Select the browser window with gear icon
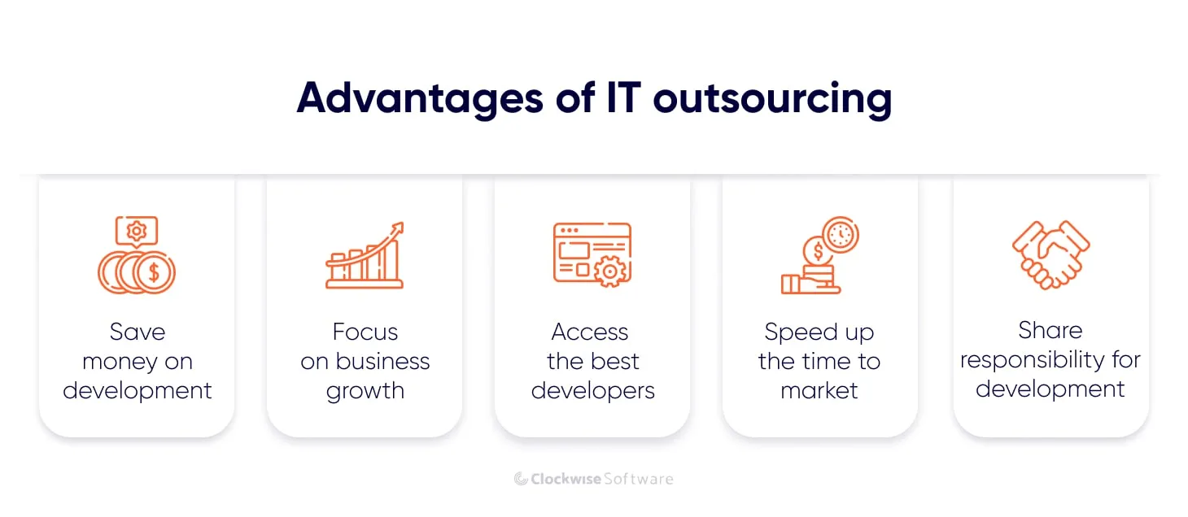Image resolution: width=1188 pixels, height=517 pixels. click(x=592, y=254)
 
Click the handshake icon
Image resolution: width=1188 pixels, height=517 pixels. click(x=1050, y=254)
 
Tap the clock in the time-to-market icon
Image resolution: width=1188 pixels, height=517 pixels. click(x=841, y=235)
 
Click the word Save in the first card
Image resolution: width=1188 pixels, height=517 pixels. click(x=137, y=332)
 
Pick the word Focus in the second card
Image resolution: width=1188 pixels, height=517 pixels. click(x=365, y=332)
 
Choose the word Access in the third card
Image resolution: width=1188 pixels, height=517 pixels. click(x=590, y=332)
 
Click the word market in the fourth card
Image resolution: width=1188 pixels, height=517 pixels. click(x=819, y=391)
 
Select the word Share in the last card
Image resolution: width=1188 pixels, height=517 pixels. click(x=1050, y=330)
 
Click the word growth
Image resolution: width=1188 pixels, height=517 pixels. click(x=365, y=391)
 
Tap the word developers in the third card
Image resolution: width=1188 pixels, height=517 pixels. click(x=592, y=391)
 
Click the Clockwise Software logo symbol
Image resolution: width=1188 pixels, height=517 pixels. click(x=522, y=479)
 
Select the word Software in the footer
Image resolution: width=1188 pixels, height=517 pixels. click(x=638, y=479)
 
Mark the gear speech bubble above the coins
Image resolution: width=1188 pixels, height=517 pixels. click(x=137, y=232)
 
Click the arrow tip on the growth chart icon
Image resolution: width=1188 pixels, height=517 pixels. click(x=398, y=227)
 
